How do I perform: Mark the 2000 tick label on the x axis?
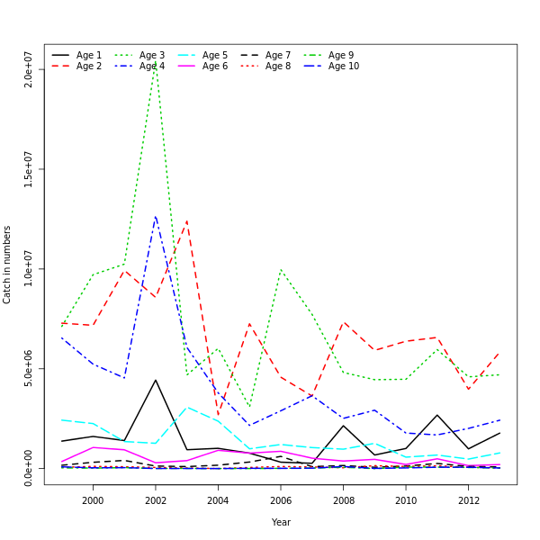point(93,500)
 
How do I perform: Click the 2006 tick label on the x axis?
point(280,500)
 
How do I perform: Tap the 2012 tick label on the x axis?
point(467,500)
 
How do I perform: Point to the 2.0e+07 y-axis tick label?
point(29,69)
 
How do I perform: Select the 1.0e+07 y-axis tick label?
point(29,269)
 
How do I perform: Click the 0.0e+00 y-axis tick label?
point(29,468)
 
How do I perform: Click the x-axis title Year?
point(281,522)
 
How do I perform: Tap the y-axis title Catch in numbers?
point(7,265)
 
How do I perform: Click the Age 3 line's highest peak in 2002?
point(156,63)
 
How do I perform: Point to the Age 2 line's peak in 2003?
point(186,220)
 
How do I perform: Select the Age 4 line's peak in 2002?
point(156,216)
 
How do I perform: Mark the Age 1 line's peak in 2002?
point(156,380)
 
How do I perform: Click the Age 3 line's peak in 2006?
point(281,269)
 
